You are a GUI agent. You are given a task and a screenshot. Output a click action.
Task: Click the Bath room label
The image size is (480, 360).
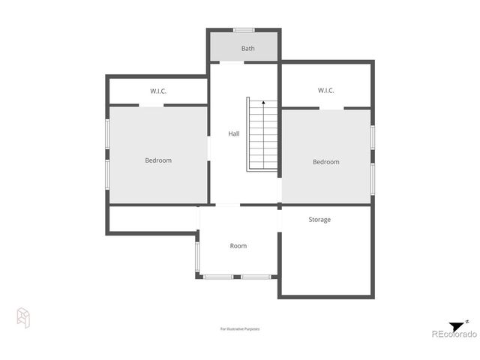click(247, 49)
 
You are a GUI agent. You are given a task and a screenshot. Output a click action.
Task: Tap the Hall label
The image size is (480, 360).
click(234, 133)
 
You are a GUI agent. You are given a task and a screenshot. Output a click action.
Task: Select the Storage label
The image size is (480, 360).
click(319, 220)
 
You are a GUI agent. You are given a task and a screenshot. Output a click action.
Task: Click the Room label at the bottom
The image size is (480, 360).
click(238, 246)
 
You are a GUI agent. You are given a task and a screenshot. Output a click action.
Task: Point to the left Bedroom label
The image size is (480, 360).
click(158, 160)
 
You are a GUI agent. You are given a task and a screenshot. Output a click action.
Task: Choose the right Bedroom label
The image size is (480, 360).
click(325, 162)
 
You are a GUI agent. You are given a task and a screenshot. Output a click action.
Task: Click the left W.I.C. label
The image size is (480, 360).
click(157, 91)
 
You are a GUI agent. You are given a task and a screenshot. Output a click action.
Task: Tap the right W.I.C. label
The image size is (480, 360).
click(325, 91)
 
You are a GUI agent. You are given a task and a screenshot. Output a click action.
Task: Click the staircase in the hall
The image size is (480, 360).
click(262, 135)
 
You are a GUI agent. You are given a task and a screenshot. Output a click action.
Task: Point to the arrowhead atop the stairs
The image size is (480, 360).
click(263, 100)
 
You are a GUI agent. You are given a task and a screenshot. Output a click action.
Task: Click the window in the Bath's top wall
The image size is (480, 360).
click(243, 30)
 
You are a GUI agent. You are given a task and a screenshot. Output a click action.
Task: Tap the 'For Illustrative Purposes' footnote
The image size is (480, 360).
click(240, 328)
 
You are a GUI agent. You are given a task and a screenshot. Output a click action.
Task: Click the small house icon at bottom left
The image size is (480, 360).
click(23, 317)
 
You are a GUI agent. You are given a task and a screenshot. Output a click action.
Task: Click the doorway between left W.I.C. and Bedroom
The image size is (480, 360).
click(151, 106)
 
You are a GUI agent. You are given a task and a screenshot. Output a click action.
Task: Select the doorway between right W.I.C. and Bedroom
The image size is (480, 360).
click(331, 109)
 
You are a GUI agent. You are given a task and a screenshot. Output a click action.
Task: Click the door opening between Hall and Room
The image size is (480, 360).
click(227, 205)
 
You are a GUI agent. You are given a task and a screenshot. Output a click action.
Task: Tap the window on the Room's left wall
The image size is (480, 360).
click(197, 256)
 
